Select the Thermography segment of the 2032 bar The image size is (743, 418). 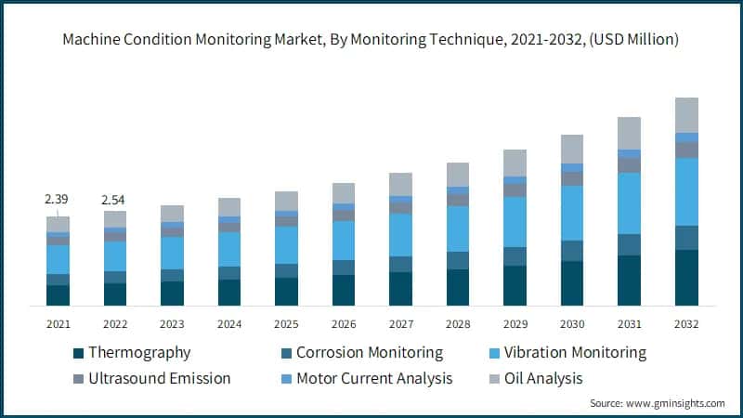tap(686, 278)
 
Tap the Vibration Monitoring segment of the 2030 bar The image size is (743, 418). tap(572, 213)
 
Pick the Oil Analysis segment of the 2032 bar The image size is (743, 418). tap(686, 115)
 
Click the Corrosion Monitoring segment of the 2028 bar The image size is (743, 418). tap(458, 260)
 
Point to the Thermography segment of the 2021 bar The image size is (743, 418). tap(58, 295)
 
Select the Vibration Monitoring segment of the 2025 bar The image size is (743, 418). tap(286, 245)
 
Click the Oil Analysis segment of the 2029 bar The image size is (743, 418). tap(515, 163)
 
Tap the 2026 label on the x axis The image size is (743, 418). tap(344, 324)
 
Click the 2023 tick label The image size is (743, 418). tap(172, 324)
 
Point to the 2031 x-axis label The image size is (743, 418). tap(629, 324)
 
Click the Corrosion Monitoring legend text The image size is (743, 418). tap(369, 353)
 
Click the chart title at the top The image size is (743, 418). tap(371, 40)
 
